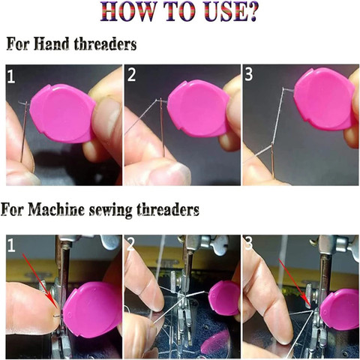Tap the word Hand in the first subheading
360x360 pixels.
(x=52, y=44)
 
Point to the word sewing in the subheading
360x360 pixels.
(x=110, y=210)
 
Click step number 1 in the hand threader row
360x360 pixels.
(x=11, y=76)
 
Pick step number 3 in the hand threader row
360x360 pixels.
(x=249, y=74)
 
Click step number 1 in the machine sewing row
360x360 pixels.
(x=11, y=245)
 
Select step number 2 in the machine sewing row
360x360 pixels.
(x=130, y=244)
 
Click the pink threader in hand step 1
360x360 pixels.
(x=62, y=113)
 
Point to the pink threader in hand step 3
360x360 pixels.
(x=325, y=99)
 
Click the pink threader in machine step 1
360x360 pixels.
(x=92, y=310)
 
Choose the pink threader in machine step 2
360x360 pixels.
(x=224, y=298)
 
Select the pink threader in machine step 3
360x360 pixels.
(x=340, y=310)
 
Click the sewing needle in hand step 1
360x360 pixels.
(x=24, y=132)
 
